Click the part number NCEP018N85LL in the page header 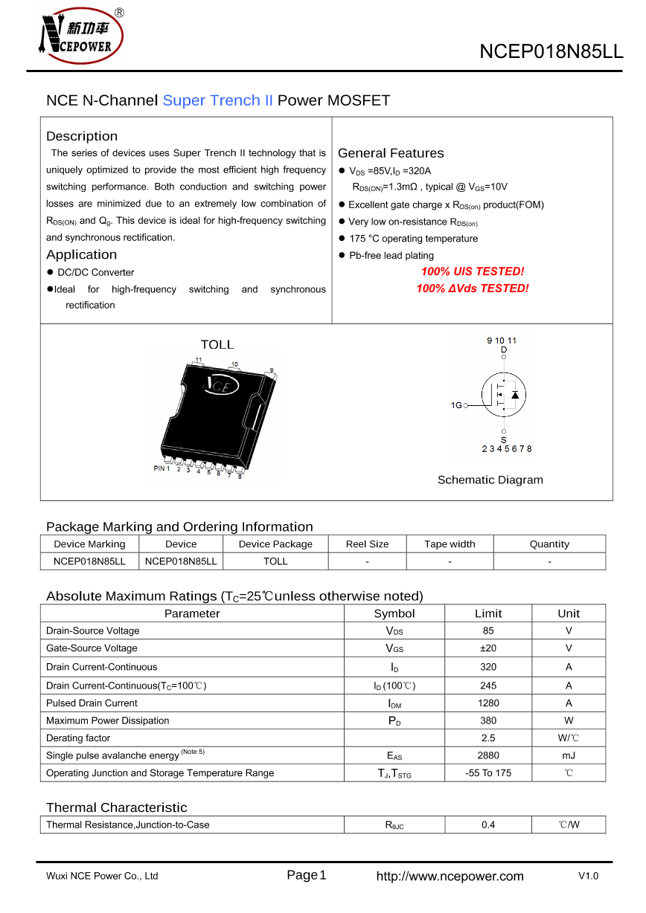tap(551, 51)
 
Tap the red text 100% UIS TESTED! tap(473, 272)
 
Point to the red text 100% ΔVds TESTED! tap(473, 288)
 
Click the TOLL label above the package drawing tap(217, 345)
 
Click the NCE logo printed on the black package tap(221, 385)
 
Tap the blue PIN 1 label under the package tap(161, 469)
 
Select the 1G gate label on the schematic tap(456, 405)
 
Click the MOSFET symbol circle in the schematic tap(504, 394)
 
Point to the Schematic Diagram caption tap(490, 480)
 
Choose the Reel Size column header tap(367, 544)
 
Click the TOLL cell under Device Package tap(275, 561)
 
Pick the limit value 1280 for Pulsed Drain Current tap(488, 703)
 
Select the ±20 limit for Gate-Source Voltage tap(488, 648)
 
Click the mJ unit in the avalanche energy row tap(569, 755)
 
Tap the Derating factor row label tap(78, 738)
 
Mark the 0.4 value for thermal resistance tap(488, 825)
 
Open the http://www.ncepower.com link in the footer tap(450, 877)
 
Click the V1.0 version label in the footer tap(588, 877)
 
